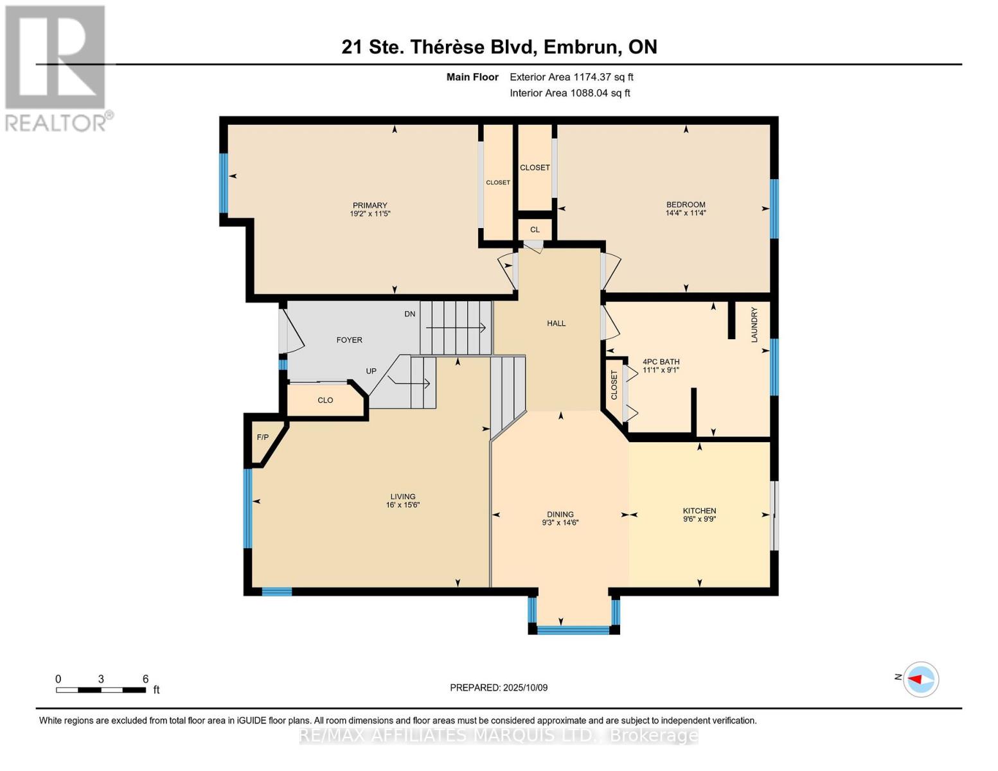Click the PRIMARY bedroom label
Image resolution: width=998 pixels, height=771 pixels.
[x=370, y=206]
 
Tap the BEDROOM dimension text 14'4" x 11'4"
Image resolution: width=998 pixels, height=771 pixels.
[x=686, y=213]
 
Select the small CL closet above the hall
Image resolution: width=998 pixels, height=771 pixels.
[x=535, y=229]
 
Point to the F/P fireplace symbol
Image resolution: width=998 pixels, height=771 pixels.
[x=263, y=438]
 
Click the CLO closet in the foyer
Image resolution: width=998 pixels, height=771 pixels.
[x=325, y=400]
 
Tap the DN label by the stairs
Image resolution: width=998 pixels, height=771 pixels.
[x=409, y=314]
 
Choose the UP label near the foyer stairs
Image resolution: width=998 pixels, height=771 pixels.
[x=371, y=371]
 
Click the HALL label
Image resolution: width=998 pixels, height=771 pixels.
[x=556, y=323]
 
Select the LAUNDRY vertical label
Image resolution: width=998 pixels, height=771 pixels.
[x=754, y=324]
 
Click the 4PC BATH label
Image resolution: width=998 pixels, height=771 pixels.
[x=661, y=362]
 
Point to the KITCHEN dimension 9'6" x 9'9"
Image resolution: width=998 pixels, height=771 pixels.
[x=699, y=519]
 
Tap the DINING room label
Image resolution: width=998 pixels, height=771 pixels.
[x=560, y=514]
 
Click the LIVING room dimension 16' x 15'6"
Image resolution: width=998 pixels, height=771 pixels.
[x=403, y=505]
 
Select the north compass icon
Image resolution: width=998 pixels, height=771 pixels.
[x=920, y=679]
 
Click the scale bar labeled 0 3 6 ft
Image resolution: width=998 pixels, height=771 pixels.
[x=101, y=690]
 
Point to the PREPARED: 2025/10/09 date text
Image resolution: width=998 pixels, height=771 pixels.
[x=499, y=687]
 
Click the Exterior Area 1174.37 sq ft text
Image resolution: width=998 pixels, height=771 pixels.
[x=571, y=77]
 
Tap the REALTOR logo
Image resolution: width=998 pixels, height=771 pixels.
[x=57, y=67]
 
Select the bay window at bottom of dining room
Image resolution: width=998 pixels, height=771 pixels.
[x=573, y=630]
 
